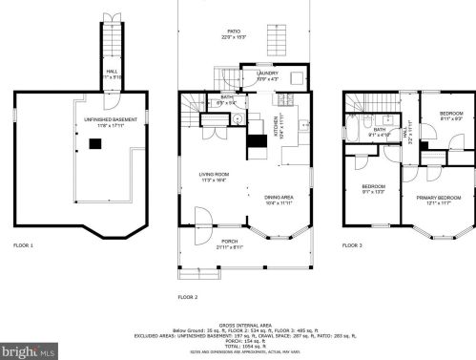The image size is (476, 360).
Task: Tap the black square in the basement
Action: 94,143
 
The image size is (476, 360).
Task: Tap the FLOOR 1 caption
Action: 23,246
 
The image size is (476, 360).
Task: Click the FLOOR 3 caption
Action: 353,246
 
